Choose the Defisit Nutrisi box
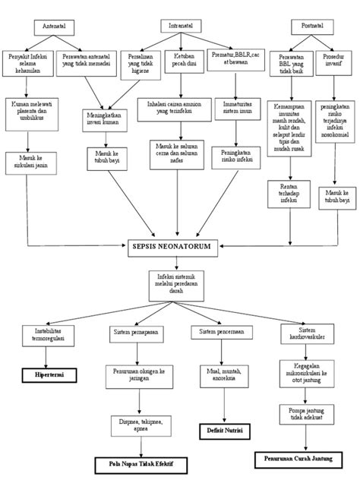pyautogui.click(x=221, y=430)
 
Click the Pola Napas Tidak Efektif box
pyautogui.click(x=140, y=461)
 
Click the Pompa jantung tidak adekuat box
pyautogui.click(x=298, y=415)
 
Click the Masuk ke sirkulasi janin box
pyautogui.click(x=28, y=161)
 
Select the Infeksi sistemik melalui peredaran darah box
pyautogui.click(x=176, y=284)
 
